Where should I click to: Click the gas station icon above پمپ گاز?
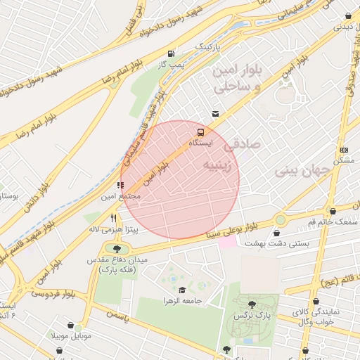point(171,53)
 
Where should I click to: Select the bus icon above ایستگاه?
point(201,131)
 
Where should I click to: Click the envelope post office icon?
point(215,114)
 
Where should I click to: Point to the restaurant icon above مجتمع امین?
point(120,185)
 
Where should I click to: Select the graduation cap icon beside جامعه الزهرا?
point(182,289)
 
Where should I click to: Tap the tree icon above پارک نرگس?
point(252,304)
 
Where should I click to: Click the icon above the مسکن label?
point(344,150)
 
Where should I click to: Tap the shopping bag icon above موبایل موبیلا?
point(70,325)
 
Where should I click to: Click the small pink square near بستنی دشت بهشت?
point(227,241)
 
